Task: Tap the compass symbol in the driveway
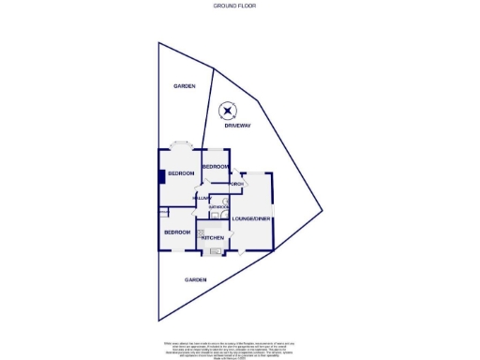coord(228,112)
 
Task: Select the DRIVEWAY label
coord(239,126)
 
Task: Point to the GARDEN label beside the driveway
coord(183,86)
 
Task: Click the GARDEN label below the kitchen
coord(195,279)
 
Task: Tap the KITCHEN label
coord(212,238)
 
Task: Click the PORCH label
coord(237,184)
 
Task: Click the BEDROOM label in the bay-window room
coord(181,173)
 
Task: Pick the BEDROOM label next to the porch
coord(215,166)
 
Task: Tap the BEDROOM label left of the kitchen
coord(177,232)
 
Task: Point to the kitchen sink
coord(215,251)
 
